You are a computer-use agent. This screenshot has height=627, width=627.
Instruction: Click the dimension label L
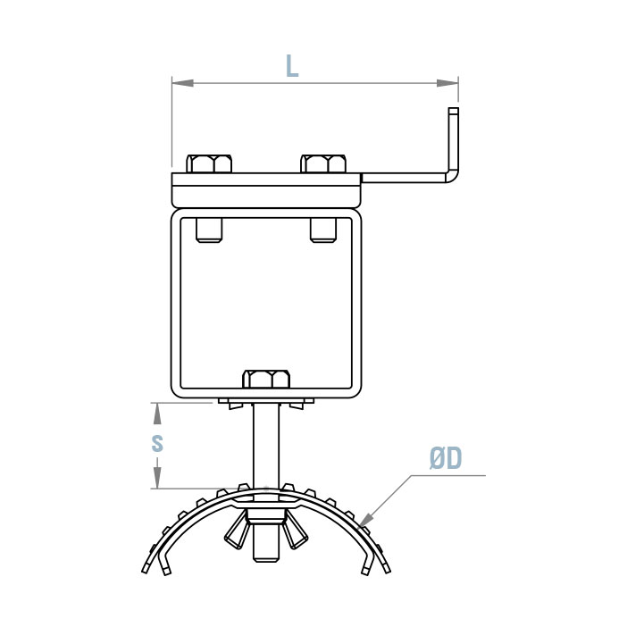click(x=291, y=65)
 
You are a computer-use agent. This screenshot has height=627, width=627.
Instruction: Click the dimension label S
click(x=157, y=443)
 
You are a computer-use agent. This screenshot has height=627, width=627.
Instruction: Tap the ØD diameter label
click(x=445, y=459)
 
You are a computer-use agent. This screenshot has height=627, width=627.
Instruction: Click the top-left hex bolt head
click(x=211, y=163)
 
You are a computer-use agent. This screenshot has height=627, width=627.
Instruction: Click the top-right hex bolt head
click(x=323, y=163)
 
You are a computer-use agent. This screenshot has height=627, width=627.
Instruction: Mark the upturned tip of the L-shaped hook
click(x=454, y=116)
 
